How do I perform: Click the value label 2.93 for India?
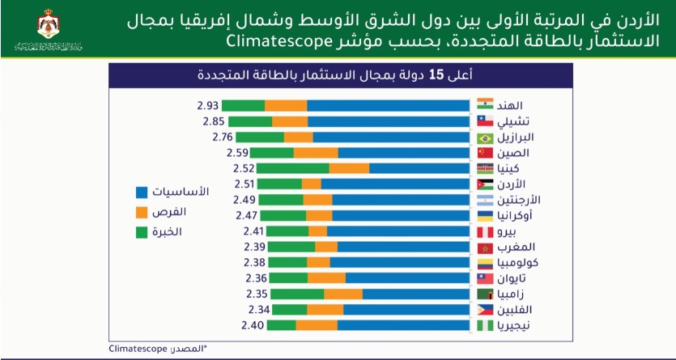tap(207, 105)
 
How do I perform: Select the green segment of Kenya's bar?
tap(292, 168)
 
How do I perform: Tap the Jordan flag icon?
tap(485, 184)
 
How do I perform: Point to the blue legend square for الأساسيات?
tap(142, 193)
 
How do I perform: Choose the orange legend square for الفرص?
tap(142, 212)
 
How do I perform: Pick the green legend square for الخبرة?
tap(142, 232)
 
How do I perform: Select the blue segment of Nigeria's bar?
tap(403, 325)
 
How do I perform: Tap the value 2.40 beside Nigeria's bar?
tap(256, 325)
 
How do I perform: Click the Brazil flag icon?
tap(485, 137)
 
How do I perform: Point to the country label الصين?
tap(516, 152)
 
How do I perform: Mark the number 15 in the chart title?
tap(437, 75)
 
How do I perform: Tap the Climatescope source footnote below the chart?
tap(158, 348)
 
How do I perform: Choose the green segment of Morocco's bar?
tap(290, 247)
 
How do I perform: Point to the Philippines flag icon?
tap(485, 310)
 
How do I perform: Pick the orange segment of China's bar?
tap(316, 152)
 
